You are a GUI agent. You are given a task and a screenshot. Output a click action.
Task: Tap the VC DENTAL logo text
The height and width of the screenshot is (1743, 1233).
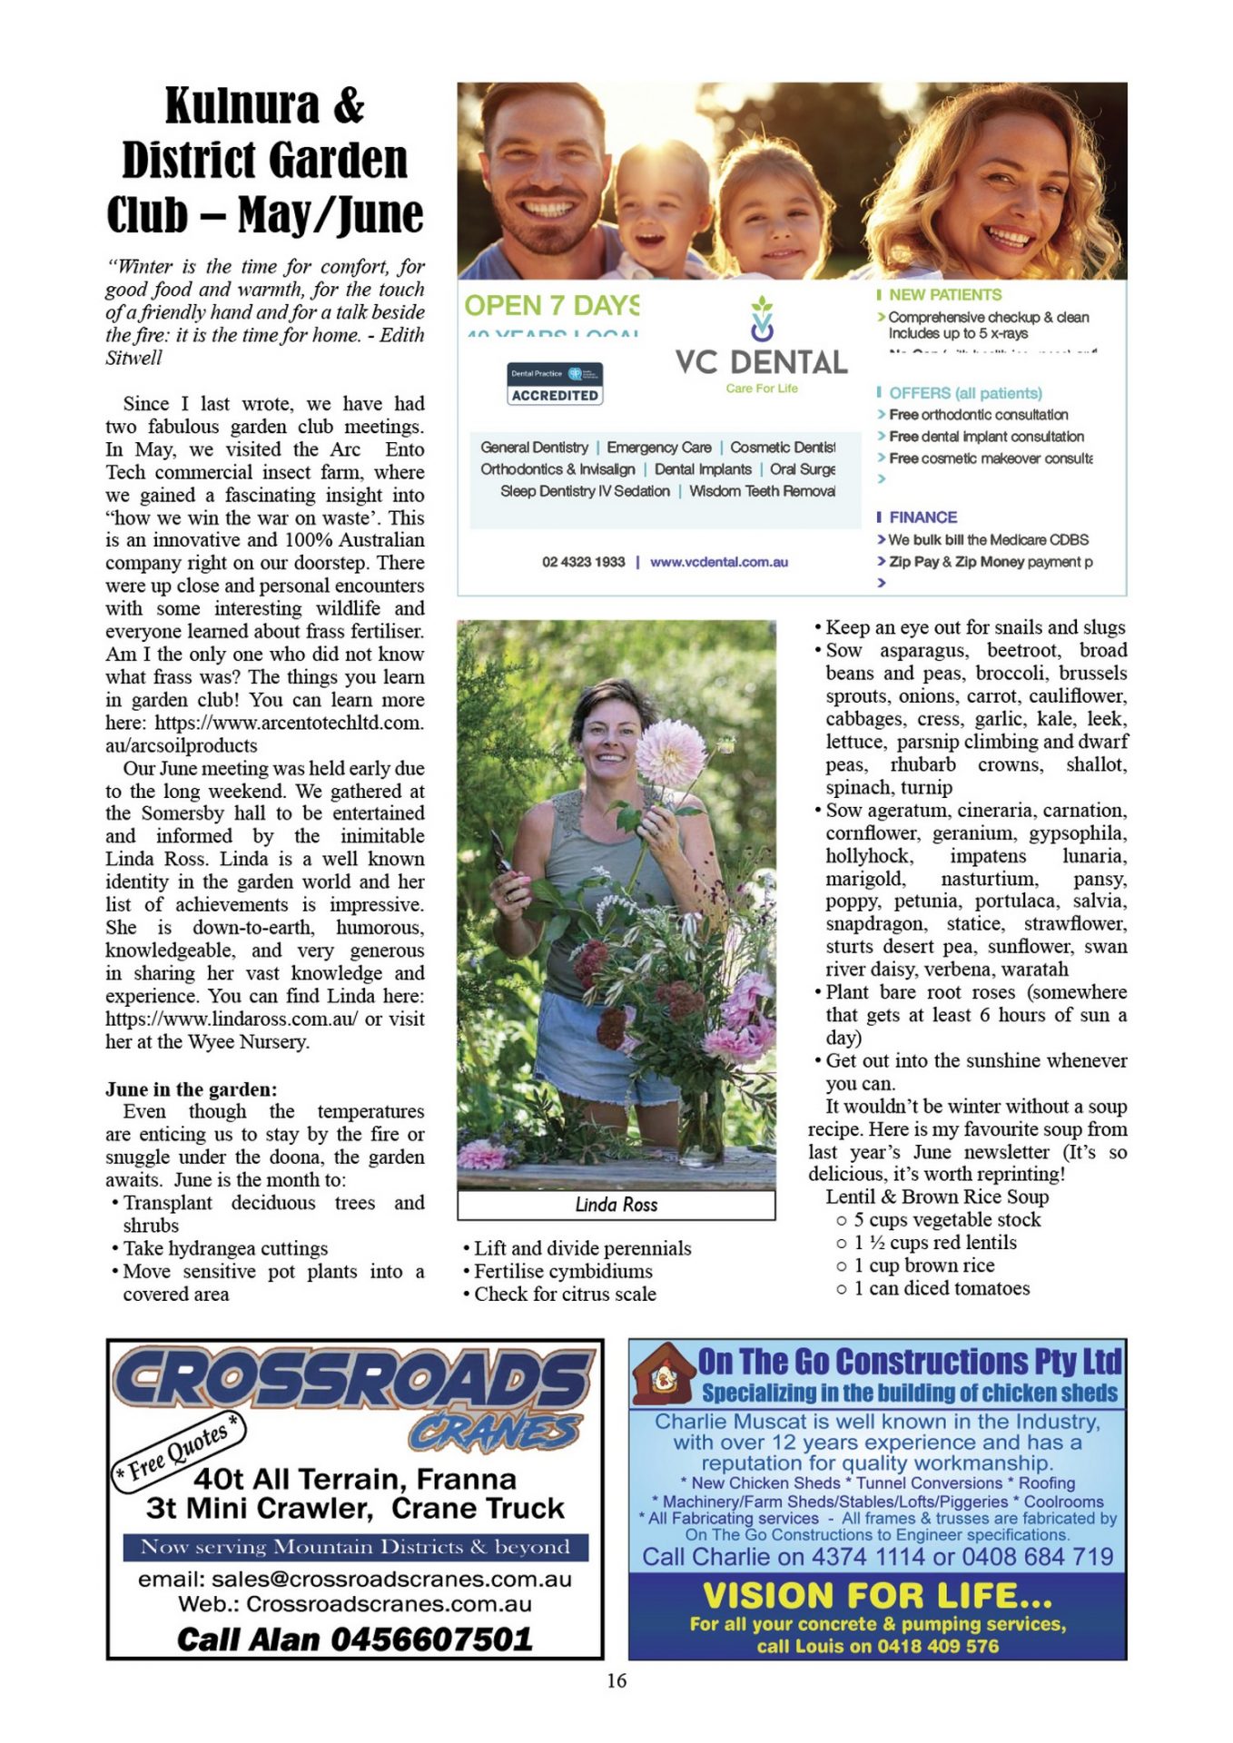coord(761,362)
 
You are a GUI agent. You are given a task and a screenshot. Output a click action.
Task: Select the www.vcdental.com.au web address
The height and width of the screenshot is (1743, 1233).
coord(718,562)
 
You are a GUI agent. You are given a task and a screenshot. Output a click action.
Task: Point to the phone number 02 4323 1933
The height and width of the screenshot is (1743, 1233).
coord(583,562)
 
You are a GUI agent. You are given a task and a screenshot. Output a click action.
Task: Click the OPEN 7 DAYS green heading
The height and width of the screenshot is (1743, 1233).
coord(551,306)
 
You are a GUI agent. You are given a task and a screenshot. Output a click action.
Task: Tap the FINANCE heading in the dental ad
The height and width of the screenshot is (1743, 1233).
coord(922,517)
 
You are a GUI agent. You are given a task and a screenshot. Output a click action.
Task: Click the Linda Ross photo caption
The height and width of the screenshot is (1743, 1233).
coord(616,1205)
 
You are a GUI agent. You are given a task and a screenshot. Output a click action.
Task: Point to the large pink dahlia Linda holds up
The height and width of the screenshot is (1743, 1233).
coord(670,751)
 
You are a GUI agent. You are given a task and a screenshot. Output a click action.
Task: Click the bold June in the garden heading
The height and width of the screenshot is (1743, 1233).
coord(192,1089)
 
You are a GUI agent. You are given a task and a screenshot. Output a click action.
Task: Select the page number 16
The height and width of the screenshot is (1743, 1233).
coord(616,1680)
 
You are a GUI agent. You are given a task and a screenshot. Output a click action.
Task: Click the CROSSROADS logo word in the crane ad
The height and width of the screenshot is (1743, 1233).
coord(354,1379)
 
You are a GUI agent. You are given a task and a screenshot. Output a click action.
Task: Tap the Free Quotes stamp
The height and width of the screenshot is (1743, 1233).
coord(178,1450)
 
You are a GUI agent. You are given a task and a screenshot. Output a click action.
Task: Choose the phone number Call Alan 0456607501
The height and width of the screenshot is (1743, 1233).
coord(354,1639)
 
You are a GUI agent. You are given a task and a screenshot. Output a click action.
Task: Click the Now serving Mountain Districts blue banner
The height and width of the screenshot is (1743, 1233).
coord(355,1546)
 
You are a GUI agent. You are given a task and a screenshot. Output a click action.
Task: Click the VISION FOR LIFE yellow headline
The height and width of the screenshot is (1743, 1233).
coord(877,1595)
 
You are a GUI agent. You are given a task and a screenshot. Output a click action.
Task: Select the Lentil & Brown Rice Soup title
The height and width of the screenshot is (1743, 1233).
coord(936,1196)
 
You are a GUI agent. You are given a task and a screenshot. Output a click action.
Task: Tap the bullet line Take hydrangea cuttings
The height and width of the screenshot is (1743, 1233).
coord(225,1248)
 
